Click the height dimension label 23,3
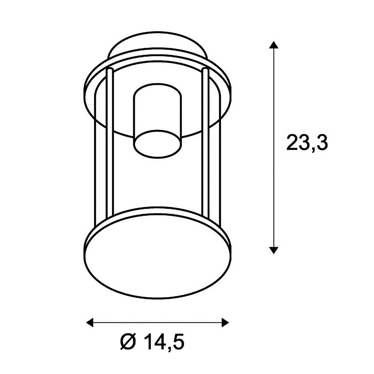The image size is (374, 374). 307,142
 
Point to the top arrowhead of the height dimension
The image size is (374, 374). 274,45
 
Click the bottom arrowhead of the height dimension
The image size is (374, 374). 274,250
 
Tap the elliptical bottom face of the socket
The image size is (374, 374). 157,144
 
